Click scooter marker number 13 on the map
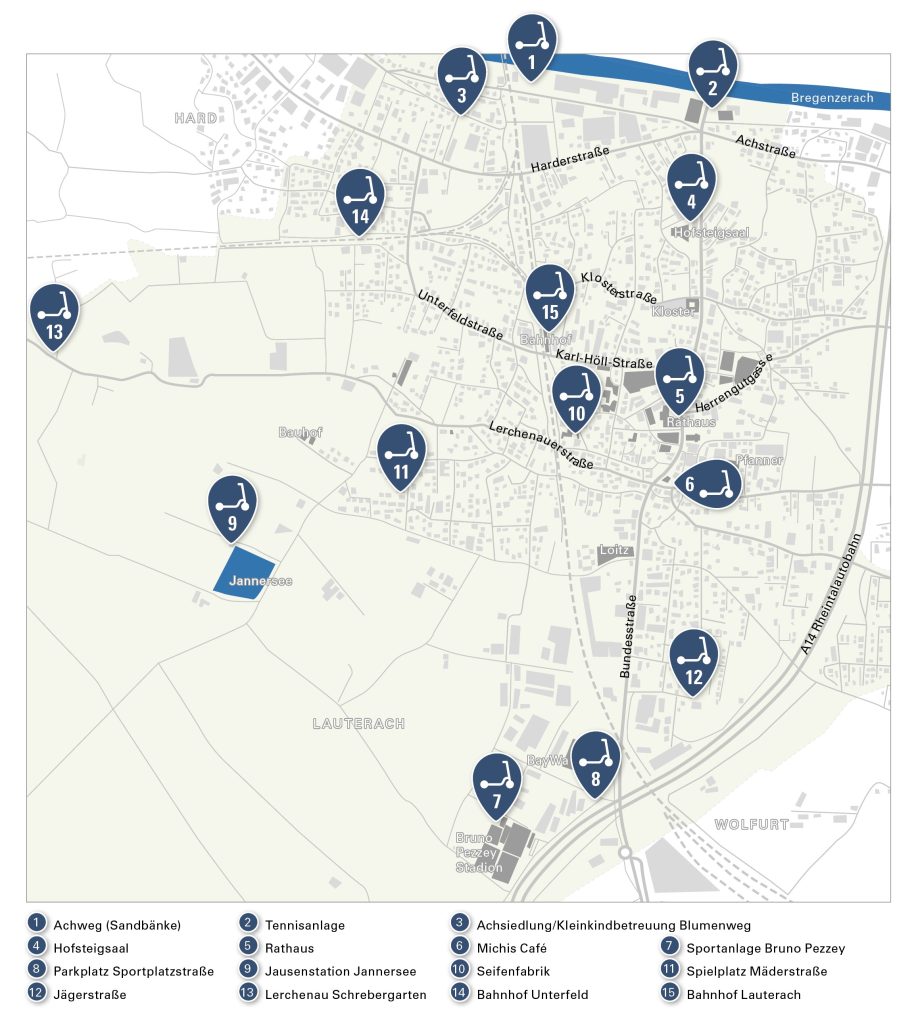[x=54, y=314]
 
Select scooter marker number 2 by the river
[x=713, y=72]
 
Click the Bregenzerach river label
[x=832, y=98]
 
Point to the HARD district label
[x=195, y=118]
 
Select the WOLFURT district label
[x=751, y=824]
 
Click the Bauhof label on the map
[x=300, y=433]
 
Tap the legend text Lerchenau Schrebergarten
[x=345, y=995]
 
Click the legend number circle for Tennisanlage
[x=247, y=925]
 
